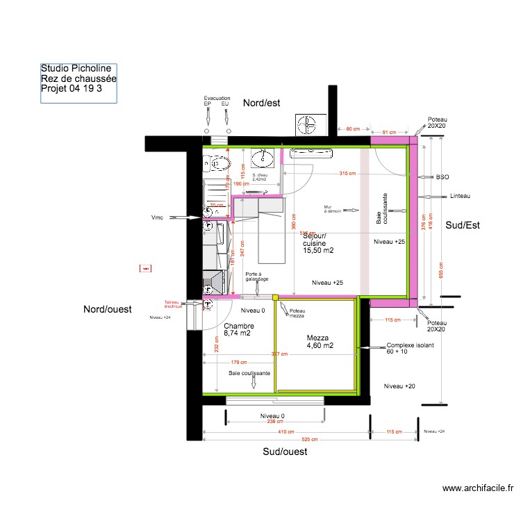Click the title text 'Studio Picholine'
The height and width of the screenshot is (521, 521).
pos(76,69)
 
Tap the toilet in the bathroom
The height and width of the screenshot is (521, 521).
pos(217,164)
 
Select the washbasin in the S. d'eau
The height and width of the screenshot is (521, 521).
pos(264,157)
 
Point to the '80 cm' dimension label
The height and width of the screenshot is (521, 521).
pos(353,130)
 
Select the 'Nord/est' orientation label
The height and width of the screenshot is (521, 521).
pos(261,103)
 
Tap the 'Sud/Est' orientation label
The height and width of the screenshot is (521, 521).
pos(463,225)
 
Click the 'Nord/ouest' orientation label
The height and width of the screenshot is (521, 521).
pos(108,309)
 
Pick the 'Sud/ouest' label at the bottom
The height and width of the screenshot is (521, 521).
pos(285,452)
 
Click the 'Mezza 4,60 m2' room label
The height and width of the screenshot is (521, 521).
pos(320,340)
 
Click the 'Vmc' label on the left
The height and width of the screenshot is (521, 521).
pos(158,217)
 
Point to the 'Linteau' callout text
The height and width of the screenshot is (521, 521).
pos(460,196)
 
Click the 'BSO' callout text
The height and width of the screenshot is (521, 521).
pos(442,177)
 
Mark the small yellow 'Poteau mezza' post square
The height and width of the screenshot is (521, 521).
pos(275,297)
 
